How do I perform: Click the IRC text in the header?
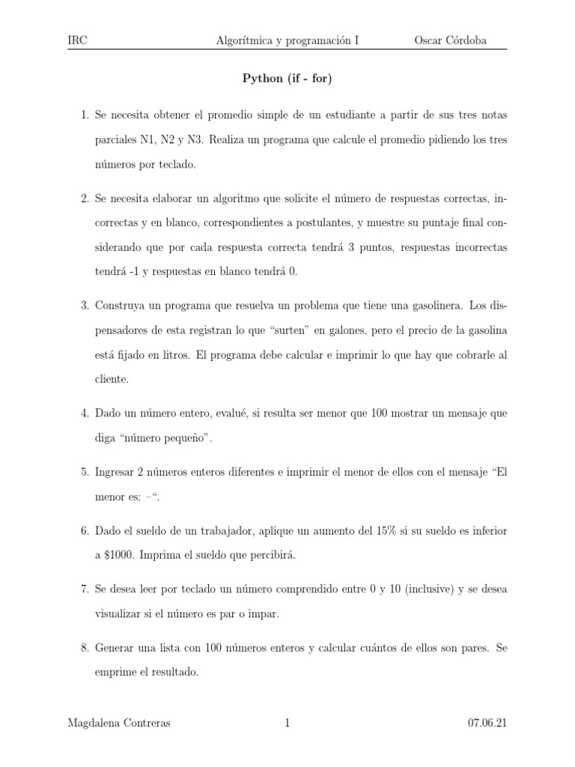[77, 40]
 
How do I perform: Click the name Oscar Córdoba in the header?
[450, 40]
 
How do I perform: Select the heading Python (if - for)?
[287, 78]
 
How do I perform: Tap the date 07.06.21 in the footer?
[487, 724]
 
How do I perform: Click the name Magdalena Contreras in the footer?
[118, 724]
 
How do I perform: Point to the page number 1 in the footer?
[287, 724]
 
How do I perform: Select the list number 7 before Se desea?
[85, 590]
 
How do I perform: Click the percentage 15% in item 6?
[371, 531]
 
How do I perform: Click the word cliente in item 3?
[112, 379]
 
